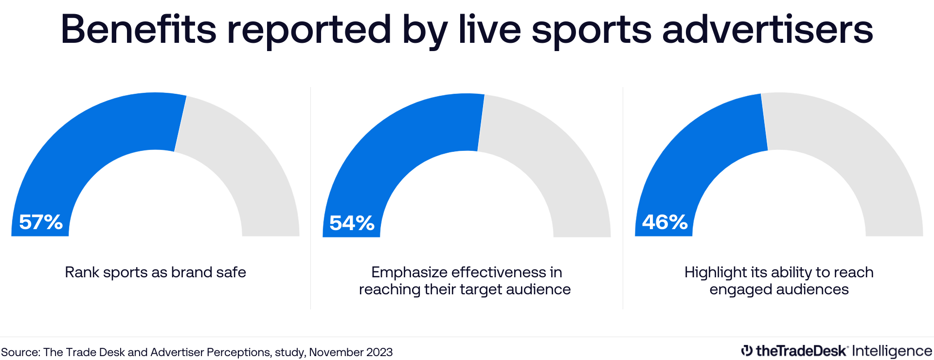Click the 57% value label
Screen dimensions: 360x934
pyautogui.click(x=41, y=222)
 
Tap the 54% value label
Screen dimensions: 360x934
pyautogui.click(x=352, y=223)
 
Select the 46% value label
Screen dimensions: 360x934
pyautogui.click(x=665, y=222)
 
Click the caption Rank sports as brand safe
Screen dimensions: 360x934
pyautogui.click(x=155, y=272)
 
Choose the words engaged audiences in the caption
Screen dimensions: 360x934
pyautogui.click(x=779, y=289)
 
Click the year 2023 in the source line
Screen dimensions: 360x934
pyautogui.click(x=379, y=352)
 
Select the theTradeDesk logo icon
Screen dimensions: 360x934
pyautogui.click(x=747, y=351)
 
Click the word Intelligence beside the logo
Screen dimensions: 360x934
pyautogui.click(x=892, y=351)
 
